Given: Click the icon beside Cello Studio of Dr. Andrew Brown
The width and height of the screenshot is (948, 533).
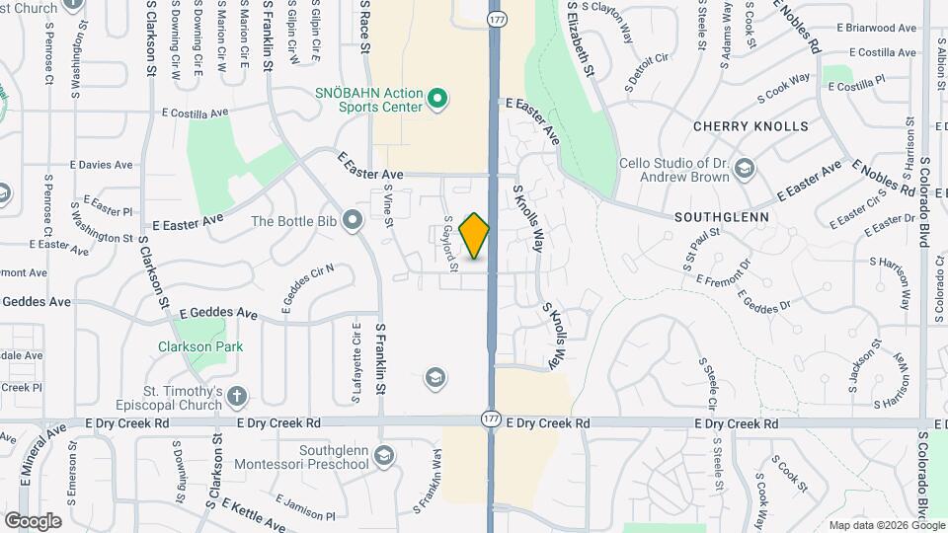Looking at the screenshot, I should pos(743,170).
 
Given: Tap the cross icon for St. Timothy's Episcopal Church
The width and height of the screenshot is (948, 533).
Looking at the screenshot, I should pos(236,397).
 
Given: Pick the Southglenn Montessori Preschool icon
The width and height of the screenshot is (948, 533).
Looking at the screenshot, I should pos(383,455).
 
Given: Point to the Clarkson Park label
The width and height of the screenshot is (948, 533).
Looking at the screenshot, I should pos(200,346).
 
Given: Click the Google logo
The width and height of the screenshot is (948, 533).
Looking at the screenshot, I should pos(33,520).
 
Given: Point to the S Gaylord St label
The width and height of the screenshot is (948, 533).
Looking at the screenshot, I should pos(450,244).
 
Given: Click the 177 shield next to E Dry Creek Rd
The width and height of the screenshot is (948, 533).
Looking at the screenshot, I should pos(491,419).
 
